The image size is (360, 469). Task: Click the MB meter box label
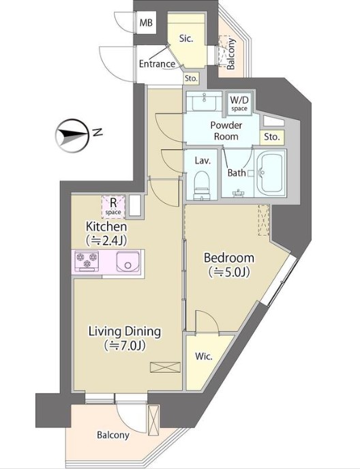pos(146,22)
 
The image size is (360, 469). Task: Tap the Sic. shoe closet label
pos(186,39)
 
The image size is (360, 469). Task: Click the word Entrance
pos(157,63)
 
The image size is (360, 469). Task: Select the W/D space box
pos(239,103)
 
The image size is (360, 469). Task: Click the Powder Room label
pos(226,131)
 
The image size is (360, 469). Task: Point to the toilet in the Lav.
pos(202,185)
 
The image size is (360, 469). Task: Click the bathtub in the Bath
pos(271,173)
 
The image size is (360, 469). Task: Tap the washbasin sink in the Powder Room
pos(204,101)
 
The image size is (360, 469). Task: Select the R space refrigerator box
pos(113,207)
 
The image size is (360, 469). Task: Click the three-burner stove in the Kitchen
pos(87,260)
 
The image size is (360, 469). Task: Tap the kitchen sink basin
pos(128,261)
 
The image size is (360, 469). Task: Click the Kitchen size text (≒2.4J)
pos(106,240)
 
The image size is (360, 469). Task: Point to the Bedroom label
pos(229,258)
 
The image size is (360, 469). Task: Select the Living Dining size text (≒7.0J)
pos(125,346)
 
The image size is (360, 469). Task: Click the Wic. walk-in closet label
pos(204,357)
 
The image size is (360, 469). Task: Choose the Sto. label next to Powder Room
pos(272,137)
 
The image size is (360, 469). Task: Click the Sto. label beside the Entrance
pos(191,78)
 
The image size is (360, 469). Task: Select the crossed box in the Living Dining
pos(166,367)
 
